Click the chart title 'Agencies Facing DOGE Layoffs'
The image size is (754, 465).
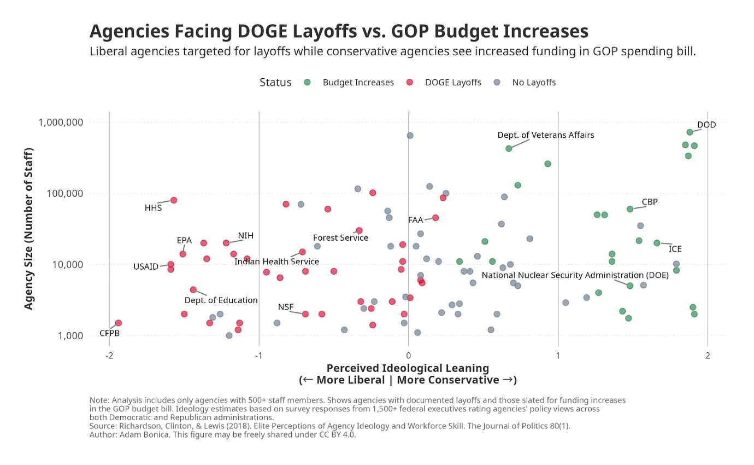[x=339, y=31]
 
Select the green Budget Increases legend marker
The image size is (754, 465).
[x=307, y=82]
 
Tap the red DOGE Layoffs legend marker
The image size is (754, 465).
[x=409, y=82]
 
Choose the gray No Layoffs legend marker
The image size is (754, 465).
[x=497, y=82]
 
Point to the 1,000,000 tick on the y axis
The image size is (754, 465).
[x=61, y=122]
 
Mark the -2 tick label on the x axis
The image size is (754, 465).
[x=109, y=356]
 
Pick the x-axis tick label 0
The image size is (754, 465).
[x=409, y=356]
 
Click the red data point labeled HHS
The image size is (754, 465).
[x=174, y=200]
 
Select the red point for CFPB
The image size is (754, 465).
[x=119, y=323]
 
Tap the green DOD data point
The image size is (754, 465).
[x=690, y=132]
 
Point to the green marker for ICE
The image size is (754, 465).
[x=657, y=243]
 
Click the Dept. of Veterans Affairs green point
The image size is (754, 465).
[x=509, y=148]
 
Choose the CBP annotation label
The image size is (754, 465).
[x=650, y=202]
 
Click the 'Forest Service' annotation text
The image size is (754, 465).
[x=340, y=238]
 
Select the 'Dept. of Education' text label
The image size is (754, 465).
[x=221, y=300]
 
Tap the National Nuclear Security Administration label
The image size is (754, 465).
[x=575, y=275]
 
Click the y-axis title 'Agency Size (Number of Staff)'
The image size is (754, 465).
[x=29, y=229]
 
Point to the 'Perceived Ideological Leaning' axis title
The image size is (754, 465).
[x=408, y=368]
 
